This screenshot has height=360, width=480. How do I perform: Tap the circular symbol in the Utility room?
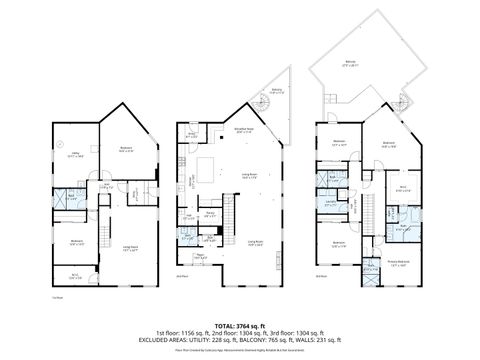58,141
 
